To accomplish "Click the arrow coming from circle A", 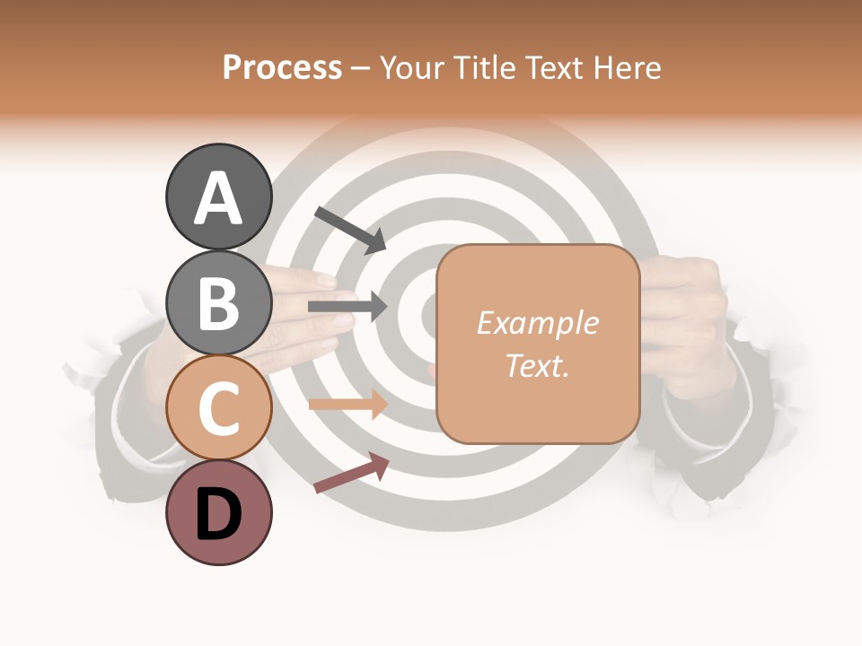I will (351, 229).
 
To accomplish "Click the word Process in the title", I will (282, 67).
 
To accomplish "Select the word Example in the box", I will (537, 323).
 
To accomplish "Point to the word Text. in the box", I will (537, 365).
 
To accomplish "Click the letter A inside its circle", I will (218, 198).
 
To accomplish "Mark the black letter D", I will (218, 514).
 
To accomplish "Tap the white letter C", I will (218, 408).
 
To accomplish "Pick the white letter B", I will (218, 303).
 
